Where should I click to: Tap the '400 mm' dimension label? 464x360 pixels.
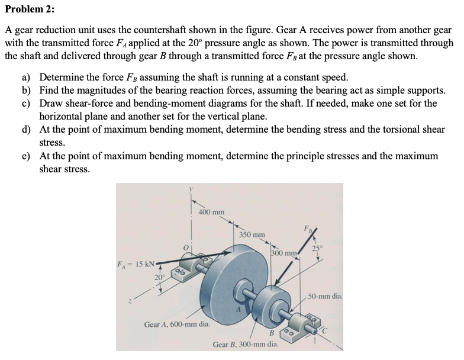point(211,211)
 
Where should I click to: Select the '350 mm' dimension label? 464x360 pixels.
point(252,234)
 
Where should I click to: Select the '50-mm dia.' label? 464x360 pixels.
point(325,294)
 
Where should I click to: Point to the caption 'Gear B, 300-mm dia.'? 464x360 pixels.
point(246,343)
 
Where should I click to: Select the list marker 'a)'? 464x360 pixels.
point(27,78)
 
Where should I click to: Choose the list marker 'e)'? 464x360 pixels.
point(27,156)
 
